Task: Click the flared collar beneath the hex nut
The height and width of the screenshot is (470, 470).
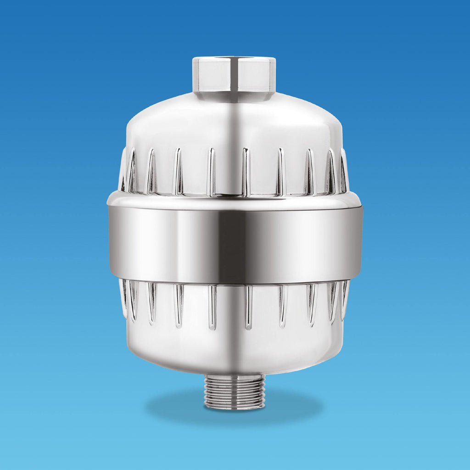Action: click(234, 97)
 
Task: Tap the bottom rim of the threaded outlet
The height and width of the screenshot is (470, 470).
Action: click(235, 406)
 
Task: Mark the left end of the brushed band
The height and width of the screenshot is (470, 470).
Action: click(111, 241)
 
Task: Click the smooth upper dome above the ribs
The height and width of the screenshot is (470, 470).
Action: click(184, 124)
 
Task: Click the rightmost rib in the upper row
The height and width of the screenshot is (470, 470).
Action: click(345, 171)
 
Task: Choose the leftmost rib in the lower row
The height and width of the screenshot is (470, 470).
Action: click(123, 298)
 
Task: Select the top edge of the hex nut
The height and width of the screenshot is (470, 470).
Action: click(234, 58)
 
